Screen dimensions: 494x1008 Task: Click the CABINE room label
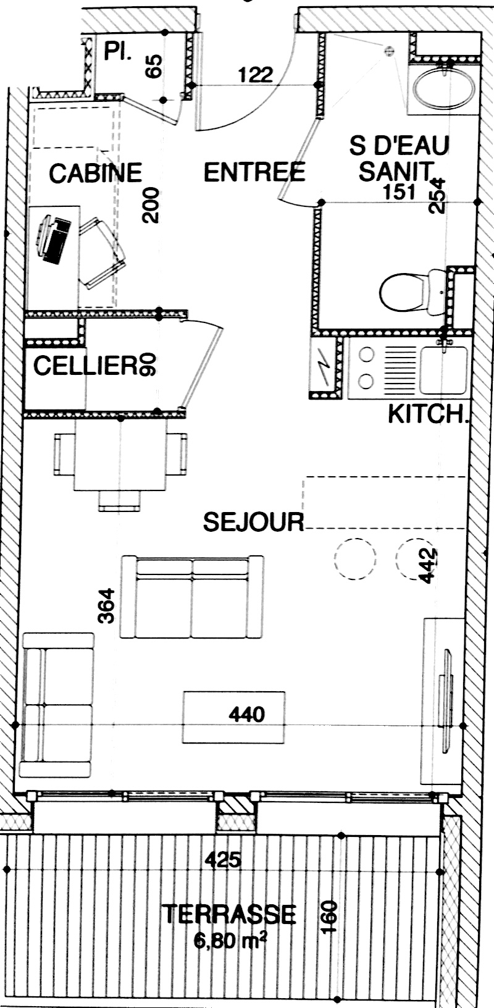click(x=95, y=174)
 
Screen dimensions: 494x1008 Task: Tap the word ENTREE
click(x=254, y=172)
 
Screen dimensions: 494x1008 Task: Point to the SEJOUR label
click(x=254, y=522)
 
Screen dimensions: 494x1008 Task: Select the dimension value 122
click(x=256, y=75)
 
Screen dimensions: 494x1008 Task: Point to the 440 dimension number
click(x=246, y=714)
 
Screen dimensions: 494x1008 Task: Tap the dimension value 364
click(x=107, y=606)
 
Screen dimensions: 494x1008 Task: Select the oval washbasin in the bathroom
click(x=443, y=88)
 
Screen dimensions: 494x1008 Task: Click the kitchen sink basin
click(x=443, y=371)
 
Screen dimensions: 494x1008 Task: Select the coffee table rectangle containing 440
click(x=233, y=717)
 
